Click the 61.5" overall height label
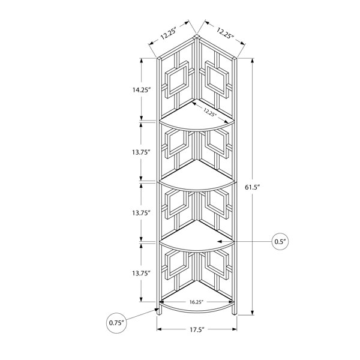point(252,187)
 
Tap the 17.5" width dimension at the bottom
point(197,329)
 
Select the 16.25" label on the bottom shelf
point(197,302)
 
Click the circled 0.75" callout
point(116,323)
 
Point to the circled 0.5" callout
point(280,242)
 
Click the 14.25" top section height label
point(141,90)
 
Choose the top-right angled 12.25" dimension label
point(225,33)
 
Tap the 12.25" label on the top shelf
point(210,113)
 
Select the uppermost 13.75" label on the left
point(141,152)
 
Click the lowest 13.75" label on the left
point(141,273)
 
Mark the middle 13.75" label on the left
point(141,213)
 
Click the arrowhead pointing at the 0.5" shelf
point(220,242)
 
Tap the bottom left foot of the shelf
point(160,311)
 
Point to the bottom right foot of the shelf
point(234,311)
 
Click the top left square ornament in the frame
point(177,79)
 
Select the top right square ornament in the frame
point(217,79)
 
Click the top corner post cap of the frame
point(197,37)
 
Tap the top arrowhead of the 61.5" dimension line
point(253,60)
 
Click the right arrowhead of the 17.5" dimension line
point(235,329)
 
